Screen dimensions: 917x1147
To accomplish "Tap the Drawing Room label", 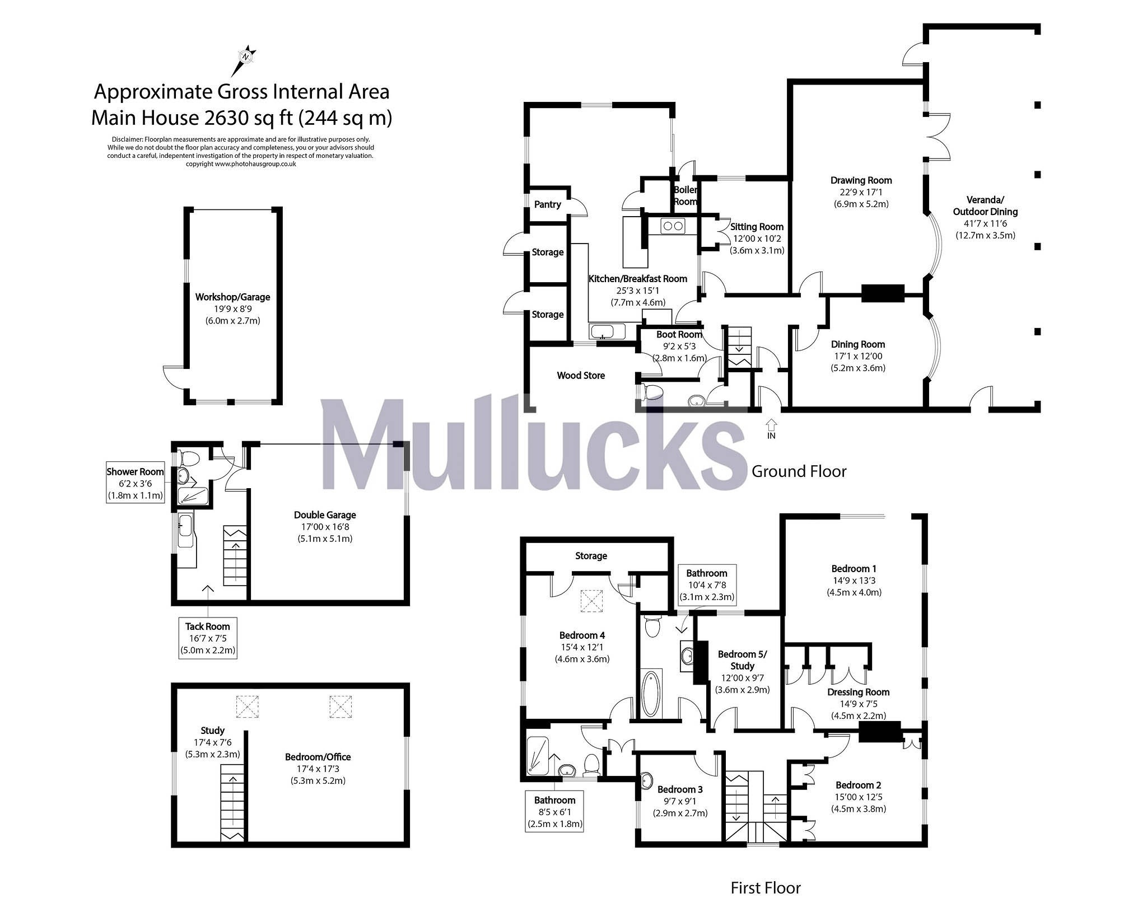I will (861, 180).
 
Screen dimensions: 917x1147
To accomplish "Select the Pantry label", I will (547, 204).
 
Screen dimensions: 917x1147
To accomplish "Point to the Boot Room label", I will (679, 335).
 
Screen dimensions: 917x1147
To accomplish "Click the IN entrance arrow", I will (771, 428).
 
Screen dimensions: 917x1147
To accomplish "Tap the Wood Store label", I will (581, 376).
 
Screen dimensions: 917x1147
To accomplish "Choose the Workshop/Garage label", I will (232, 297).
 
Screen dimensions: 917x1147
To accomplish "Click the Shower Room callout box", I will (135, 483).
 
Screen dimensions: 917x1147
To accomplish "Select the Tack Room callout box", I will (208, 638).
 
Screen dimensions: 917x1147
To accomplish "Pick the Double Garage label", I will (325, 515).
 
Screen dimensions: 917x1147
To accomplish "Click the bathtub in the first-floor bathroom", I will (651, 693).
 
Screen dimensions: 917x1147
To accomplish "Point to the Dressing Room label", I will (858, 692).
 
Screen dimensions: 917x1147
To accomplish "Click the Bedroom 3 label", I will (680, 789).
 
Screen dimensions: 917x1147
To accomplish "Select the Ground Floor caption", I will (799, 471).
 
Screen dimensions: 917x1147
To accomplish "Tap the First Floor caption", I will (766, 888).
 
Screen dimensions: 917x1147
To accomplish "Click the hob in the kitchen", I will (672, 226).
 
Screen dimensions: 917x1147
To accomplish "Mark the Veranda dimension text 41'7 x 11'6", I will (985, 223).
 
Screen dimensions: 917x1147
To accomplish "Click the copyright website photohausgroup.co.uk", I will (241, 164).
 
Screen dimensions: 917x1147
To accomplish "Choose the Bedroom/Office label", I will (318, 757).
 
